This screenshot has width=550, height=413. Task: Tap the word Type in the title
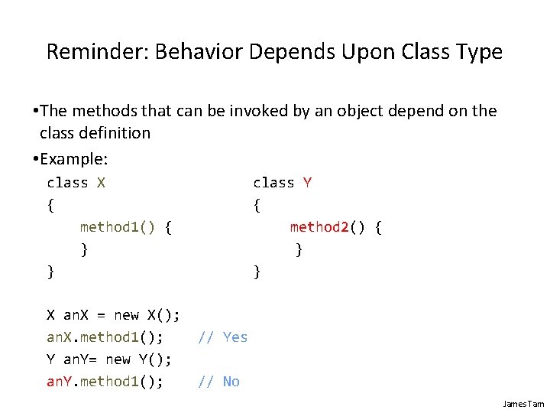tap(478, 52)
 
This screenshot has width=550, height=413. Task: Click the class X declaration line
tap(76, 183)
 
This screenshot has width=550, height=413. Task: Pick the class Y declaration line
tap(282, 183)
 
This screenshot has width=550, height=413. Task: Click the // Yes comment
tap(223, 337)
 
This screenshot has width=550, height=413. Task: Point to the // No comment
tap(218, 382)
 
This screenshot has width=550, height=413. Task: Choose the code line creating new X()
tap(113, 315)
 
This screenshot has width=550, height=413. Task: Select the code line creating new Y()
tap(109, 359)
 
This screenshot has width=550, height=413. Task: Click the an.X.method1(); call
tap(105, 337)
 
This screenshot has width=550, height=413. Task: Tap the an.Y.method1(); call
tap(105, 382)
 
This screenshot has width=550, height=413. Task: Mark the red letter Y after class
tap(307, 183)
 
